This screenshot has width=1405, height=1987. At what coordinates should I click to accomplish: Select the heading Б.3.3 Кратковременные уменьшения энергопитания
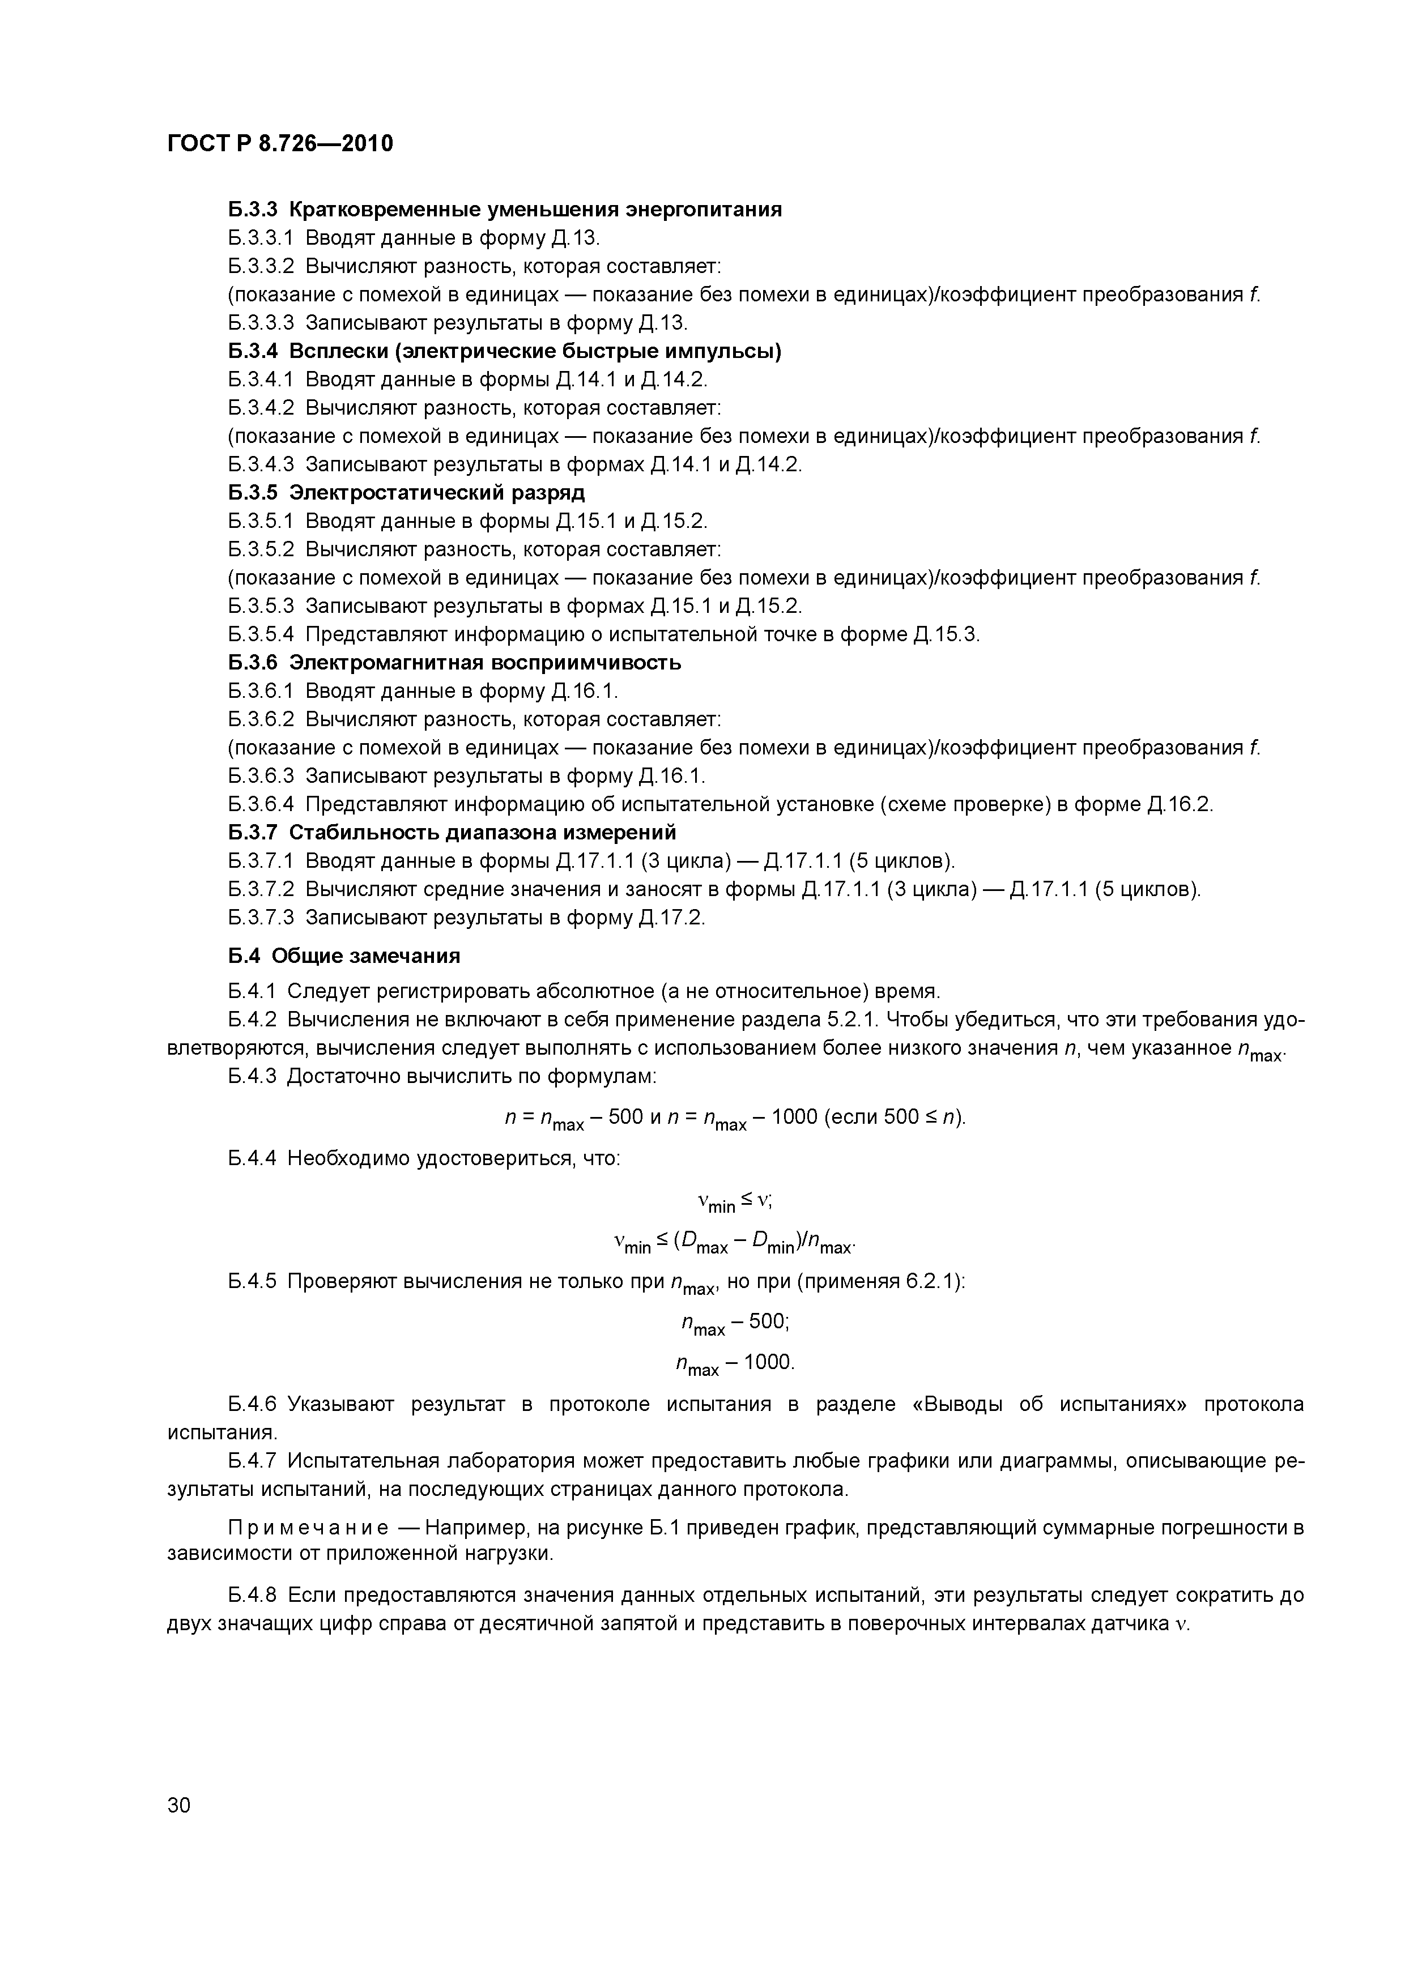(x=505, y=210)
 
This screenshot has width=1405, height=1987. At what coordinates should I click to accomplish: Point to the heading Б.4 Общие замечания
(x=344, y=956)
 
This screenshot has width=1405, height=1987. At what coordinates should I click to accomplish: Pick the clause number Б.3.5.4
(x=261, y=634)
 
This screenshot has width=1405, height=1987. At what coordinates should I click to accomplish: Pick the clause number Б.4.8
(x=252, y=1595)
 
